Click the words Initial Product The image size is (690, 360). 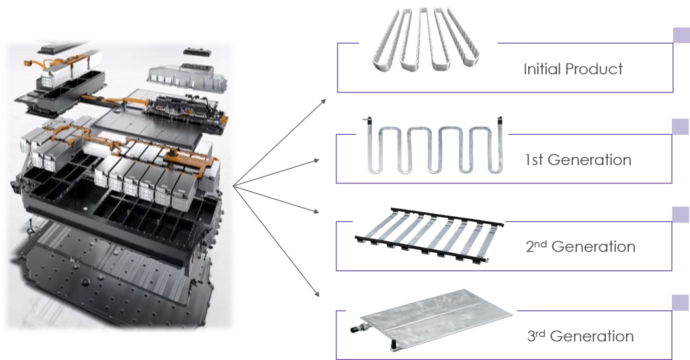pyautogui.click(x=573, y=69)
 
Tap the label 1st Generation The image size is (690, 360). pyautogui.click(x=578, y=159)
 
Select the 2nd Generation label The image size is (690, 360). pyautogui.click(x=580, y=246)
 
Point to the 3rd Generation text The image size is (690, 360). pyautogui.click(x=580, y=336)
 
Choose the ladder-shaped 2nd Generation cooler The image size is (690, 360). pyautogui.click(x=429, y=235)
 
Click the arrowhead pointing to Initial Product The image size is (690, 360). pyautogui.click(x=323, y=101)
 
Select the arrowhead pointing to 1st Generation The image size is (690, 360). pyautogui.click(x=316, y=161)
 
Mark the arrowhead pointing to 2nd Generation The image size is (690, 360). pyautogui.click(x=316, y=212)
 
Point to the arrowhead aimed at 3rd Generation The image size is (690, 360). pyautogui.click(x=317, y=293)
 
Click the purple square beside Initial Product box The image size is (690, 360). pyautogui.click(x=682, y=35)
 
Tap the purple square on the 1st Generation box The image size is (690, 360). pyautogui.click(x=681, y=127)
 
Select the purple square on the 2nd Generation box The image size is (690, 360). pyautogui.click(x=681, y=214)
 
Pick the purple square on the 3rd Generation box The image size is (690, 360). pyautogui.click(x=681, y=303)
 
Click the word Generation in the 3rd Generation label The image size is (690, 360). pyautogui.click(x=592, y=336)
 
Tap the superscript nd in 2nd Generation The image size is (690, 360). pyautogui.click(x=541, y=243)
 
